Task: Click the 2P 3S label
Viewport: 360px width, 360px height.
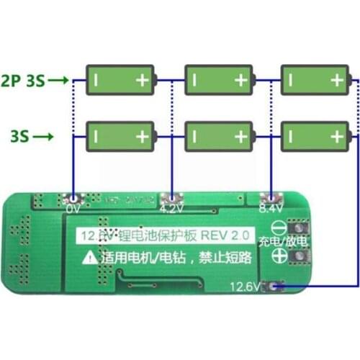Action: point(23,81)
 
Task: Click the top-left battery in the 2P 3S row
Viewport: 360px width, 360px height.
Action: point(121,80)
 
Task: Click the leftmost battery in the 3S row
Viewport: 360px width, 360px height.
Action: point(121,135)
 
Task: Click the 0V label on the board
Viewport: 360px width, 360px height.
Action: point(73,210)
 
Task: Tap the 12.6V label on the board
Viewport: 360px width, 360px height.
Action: point(246,287)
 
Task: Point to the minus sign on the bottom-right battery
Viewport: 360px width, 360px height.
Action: point(292,135)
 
